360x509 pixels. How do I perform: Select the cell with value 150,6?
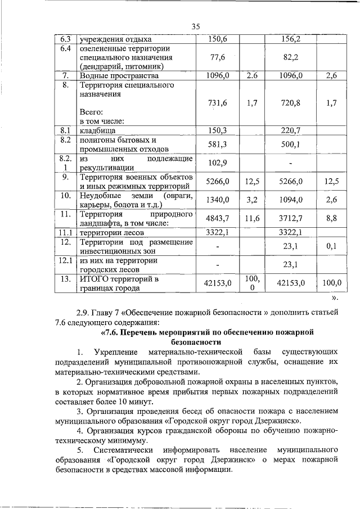coord(217,39)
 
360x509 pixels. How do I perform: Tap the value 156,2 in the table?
coord(291,39)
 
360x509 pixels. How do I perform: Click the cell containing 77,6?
coord(217,57)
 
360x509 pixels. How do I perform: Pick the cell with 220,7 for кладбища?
coord(291,130)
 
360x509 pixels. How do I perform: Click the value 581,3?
coord(217,145)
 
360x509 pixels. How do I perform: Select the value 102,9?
coord(217,163)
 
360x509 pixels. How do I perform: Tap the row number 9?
coord(65,177)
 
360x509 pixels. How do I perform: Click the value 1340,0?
coord(217,200)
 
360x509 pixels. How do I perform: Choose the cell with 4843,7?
coord(217,218)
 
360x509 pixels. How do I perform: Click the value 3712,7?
coord(291,218)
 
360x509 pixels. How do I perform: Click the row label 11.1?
coord(65,232)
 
